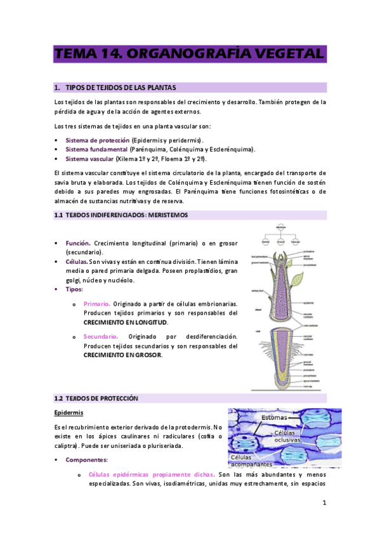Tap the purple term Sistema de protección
(98, 140)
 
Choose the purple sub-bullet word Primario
(97, 304)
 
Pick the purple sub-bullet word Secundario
(101, 336)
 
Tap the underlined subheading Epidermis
(70, 413)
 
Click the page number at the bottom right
(324, 503)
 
